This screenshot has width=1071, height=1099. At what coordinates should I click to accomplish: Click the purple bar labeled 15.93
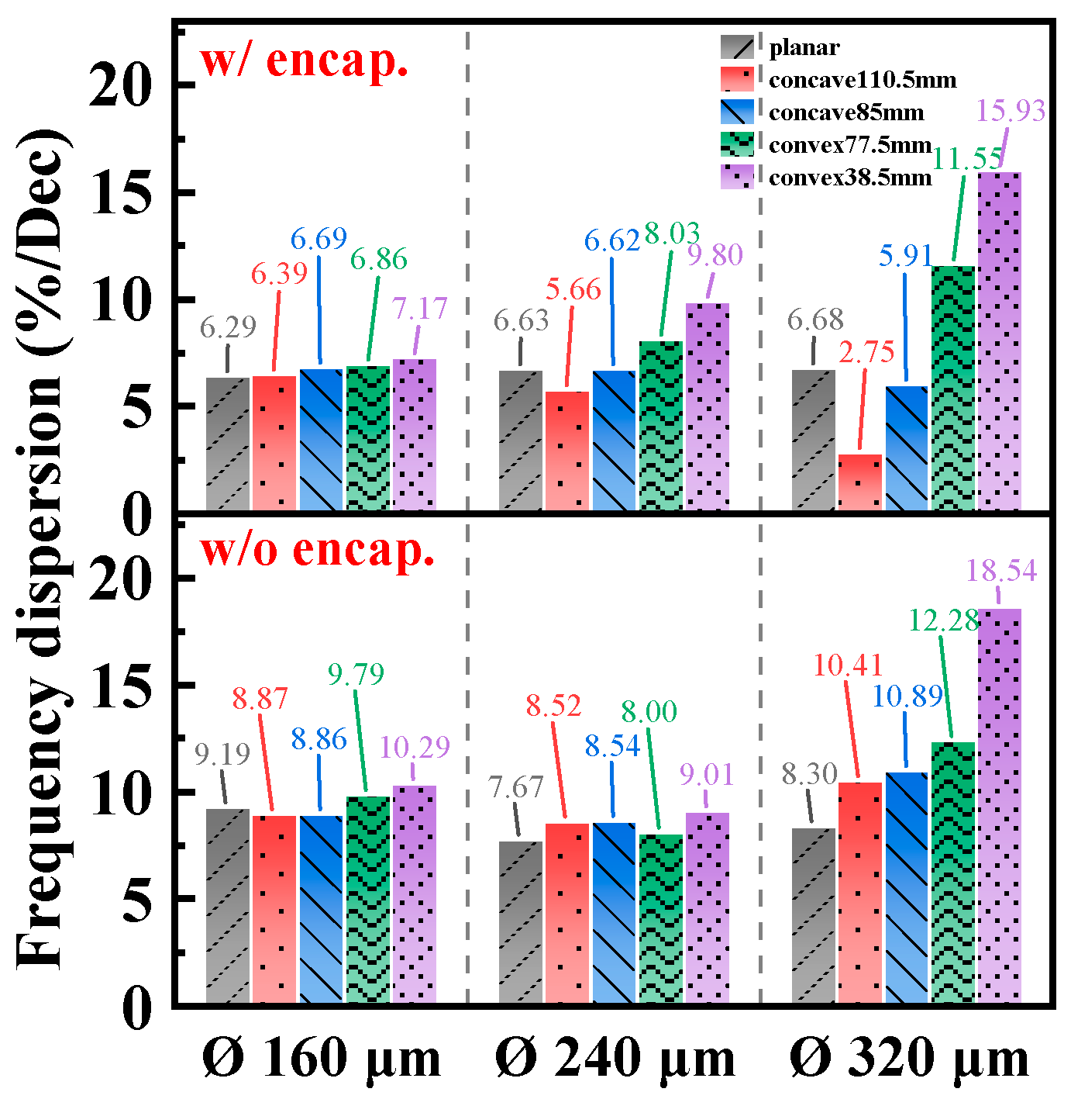pos(1000,341)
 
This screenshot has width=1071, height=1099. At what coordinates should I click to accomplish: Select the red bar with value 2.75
pos(860,482)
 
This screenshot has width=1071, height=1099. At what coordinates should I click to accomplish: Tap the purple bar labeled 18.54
pos(1000,807)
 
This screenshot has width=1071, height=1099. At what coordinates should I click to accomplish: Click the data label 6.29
pos(228,327)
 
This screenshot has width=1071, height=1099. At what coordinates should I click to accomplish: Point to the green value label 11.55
pos(966,159)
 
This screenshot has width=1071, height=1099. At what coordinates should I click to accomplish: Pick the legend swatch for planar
pos(736,47)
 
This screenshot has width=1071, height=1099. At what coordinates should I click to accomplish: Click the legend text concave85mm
pos(846,112)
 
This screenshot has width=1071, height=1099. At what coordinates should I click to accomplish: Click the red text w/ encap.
pos(304,60)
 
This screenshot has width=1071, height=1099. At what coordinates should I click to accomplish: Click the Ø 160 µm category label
pos(322,1059)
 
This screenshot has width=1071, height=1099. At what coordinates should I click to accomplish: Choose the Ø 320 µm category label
pos(909,1059)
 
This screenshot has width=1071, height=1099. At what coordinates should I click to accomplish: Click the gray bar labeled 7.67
pos(521,923)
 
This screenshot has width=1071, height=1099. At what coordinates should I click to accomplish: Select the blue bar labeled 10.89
pos(907,888)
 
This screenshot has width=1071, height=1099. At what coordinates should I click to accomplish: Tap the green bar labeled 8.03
pos(661,427)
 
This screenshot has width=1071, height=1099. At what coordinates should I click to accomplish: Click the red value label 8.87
pos(260,699)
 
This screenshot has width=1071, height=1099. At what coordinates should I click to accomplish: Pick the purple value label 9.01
pos(706,774)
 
